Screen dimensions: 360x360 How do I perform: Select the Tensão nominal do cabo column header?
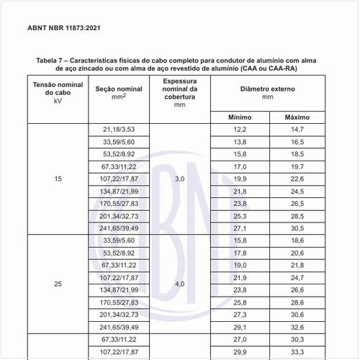58,93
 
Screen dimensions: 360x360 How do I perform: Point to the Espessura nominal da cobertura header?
179,93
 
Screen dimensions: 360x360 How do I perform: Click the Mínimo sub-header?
240,116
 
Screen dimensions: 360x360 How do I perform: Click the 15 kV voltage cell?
58,179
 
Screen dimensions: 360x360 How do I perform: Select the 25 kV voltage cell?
58,284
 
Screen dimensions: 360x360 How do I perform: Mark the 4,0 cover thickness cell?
179,284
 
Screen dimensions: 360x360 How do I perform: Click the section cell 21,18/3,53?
119,129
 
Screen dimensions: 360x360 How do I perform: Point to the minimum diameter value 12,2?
240,129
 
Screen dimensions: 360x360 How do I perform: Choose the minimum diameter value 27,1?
240,228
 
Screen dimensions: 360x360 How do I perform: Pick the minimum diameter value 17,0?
240,166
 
